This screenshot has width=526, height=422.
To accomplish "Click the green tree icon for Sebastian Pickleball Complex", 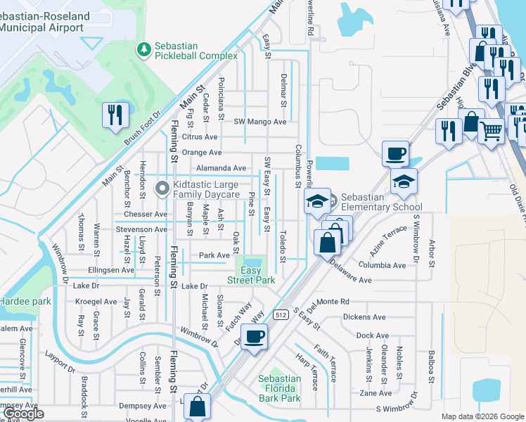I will pyautogui.click(x=143, y=50).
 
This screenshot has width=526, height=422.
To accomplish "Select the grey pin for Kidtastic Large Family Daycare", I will pyautogui.click(x=161, y=188).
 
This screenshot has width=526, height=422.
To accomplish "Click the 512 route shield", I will pyautogui.click(x=282, y=314).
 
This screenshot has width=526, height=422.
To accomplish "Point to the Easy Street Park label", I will pyautogui.click(x=251, y=275).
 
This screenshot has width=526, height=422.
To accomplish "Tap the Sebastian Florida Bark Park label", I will pyautogui.click(x=279, y=388).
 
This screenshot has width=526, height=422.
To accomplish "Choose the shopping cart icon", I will pyautogui.click(x=492, y=129).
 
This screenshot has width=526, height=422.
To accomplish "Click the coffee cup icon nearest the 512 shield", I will pyautogui.click(x=254, y=337).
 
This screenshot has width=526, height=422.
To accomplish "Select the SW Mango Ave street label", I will pyautogui.click(x=260, y=122).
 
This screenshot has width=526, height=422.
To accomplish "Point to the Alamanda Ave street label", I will pyautogui.click(x=221, y=168).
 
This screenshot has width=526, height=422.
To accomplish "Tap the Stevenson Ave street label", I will pyautogui.click(x=142, y=229).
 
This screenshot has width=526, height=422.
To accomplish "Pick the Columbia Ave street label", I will pyautogui.click(x=381, y=265).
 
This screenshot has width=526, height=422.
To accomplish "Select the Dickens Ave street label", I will pyautogui.click(x=364, y=317).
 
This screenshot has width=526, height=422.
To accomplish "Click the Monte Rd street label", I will pyautogui.click(x=333, y=301).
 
